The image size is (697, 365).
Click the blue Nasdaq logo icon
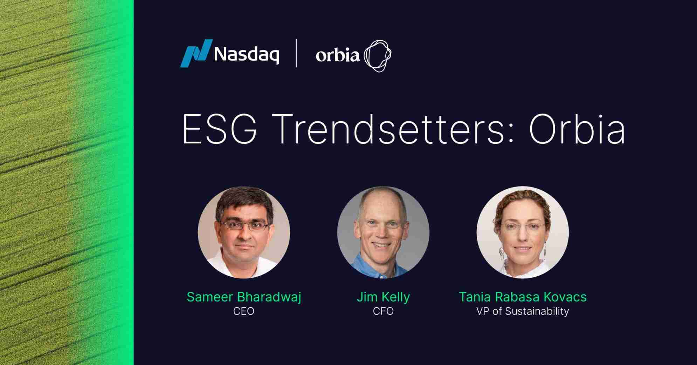(x=196, y=53)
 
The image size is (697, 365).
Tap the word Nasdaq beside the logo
(x=247, y=55)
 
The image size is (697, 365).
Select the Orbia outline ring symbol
(x=378, y=56)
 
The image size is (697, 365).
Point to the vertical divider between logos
(x=297, y=53)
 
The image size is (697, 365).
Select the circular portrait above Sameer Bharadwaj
(x=244, y=232)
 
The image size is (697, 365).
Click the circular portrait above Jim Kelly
(x=383, y=232)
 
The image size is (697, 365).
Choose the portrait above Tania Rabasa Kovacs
(x=523, y=232)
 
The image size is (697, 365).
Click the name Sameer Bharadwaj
(x=244, y=297)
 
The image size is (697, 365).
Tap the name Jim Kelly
(x=383, y=297)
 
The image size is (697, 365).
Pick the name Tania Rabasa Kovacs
(x=523, y=297)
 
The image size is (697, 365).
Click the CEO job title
(x=244, y=311)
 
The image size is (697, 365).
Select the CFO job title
(x=383, y=311)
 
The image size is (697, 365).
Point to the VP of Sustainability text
(x=523, y=311)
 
